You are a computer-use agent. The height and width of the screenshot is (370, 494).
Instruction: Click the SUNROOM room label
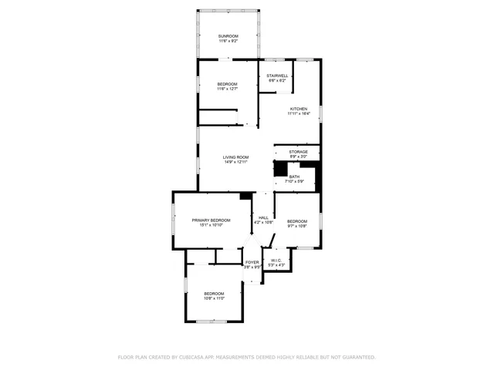coord(228,36)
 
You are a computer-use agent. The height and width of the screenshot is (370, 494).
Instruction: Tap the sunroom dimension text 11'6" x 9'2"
coord(228,42)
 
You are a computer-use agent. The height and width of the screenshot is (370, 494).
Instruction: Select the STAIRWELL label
coord(278,76)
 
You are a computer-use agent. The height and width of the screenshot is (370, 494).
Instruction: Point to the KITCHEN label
coord(299,109)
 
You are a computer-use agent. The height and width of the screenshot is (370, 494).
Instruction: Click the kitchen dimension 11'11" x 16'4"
coord(299,114)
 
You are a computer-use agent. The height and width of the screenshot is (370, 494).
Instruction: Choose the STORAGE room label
coord(299,152)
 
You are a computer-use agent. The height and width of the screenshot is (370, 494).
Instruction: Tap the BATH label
coord(294,177)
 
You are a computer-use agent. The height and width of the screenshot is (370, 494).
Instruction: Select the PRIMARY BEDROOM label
coord(211,220)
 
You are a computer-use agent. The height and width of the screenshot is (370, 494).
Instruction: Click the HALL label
coord(263,217)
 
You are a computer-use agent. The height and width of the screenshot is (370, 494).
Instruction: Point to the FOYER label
coord(252,262)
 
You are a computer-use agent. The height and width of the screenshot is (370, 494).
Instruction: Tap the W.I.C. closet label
coord(276,261)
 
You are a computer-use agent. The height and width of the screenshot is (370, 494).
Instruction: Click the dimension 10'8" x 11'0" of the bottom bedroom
coord(214,298)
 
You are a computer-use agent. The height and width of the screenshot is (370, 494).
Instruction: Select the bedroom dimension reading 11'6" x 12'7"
coord(227,89)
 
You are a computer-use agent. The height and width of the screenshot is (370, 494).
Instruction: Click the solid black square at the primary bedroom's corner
coord(245,196)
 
